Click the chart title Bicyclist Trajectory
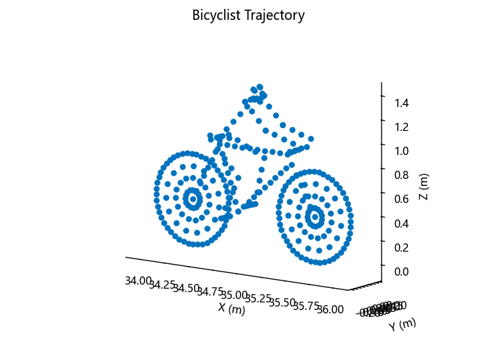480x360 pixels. pos(248,15)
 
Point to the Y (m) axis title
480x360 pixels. pos(403,324)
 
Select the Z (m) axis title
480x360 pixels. pos(424,187)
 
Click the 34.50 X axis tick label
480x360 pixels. pos(187,289)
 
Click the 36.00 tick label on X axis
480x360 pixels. pos(331,309)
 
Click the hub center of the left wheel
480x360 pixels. pos(193,199)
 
